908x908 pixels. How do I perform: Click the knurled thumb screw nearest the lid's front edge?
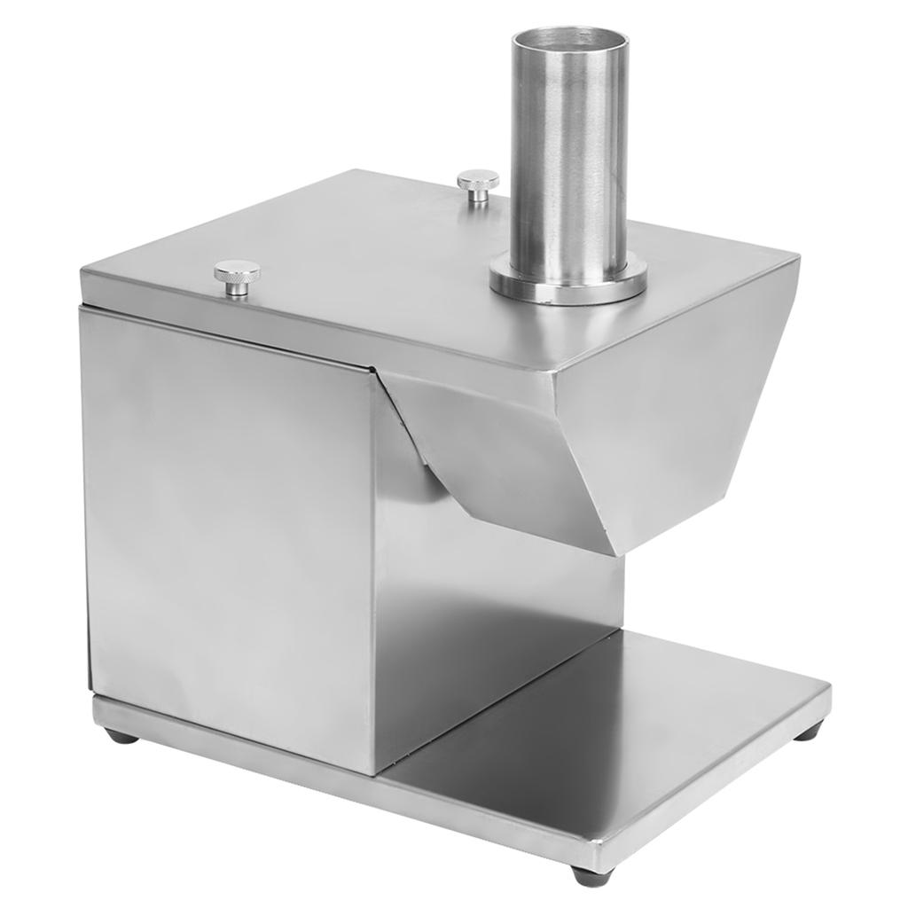tap(237, 276)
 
